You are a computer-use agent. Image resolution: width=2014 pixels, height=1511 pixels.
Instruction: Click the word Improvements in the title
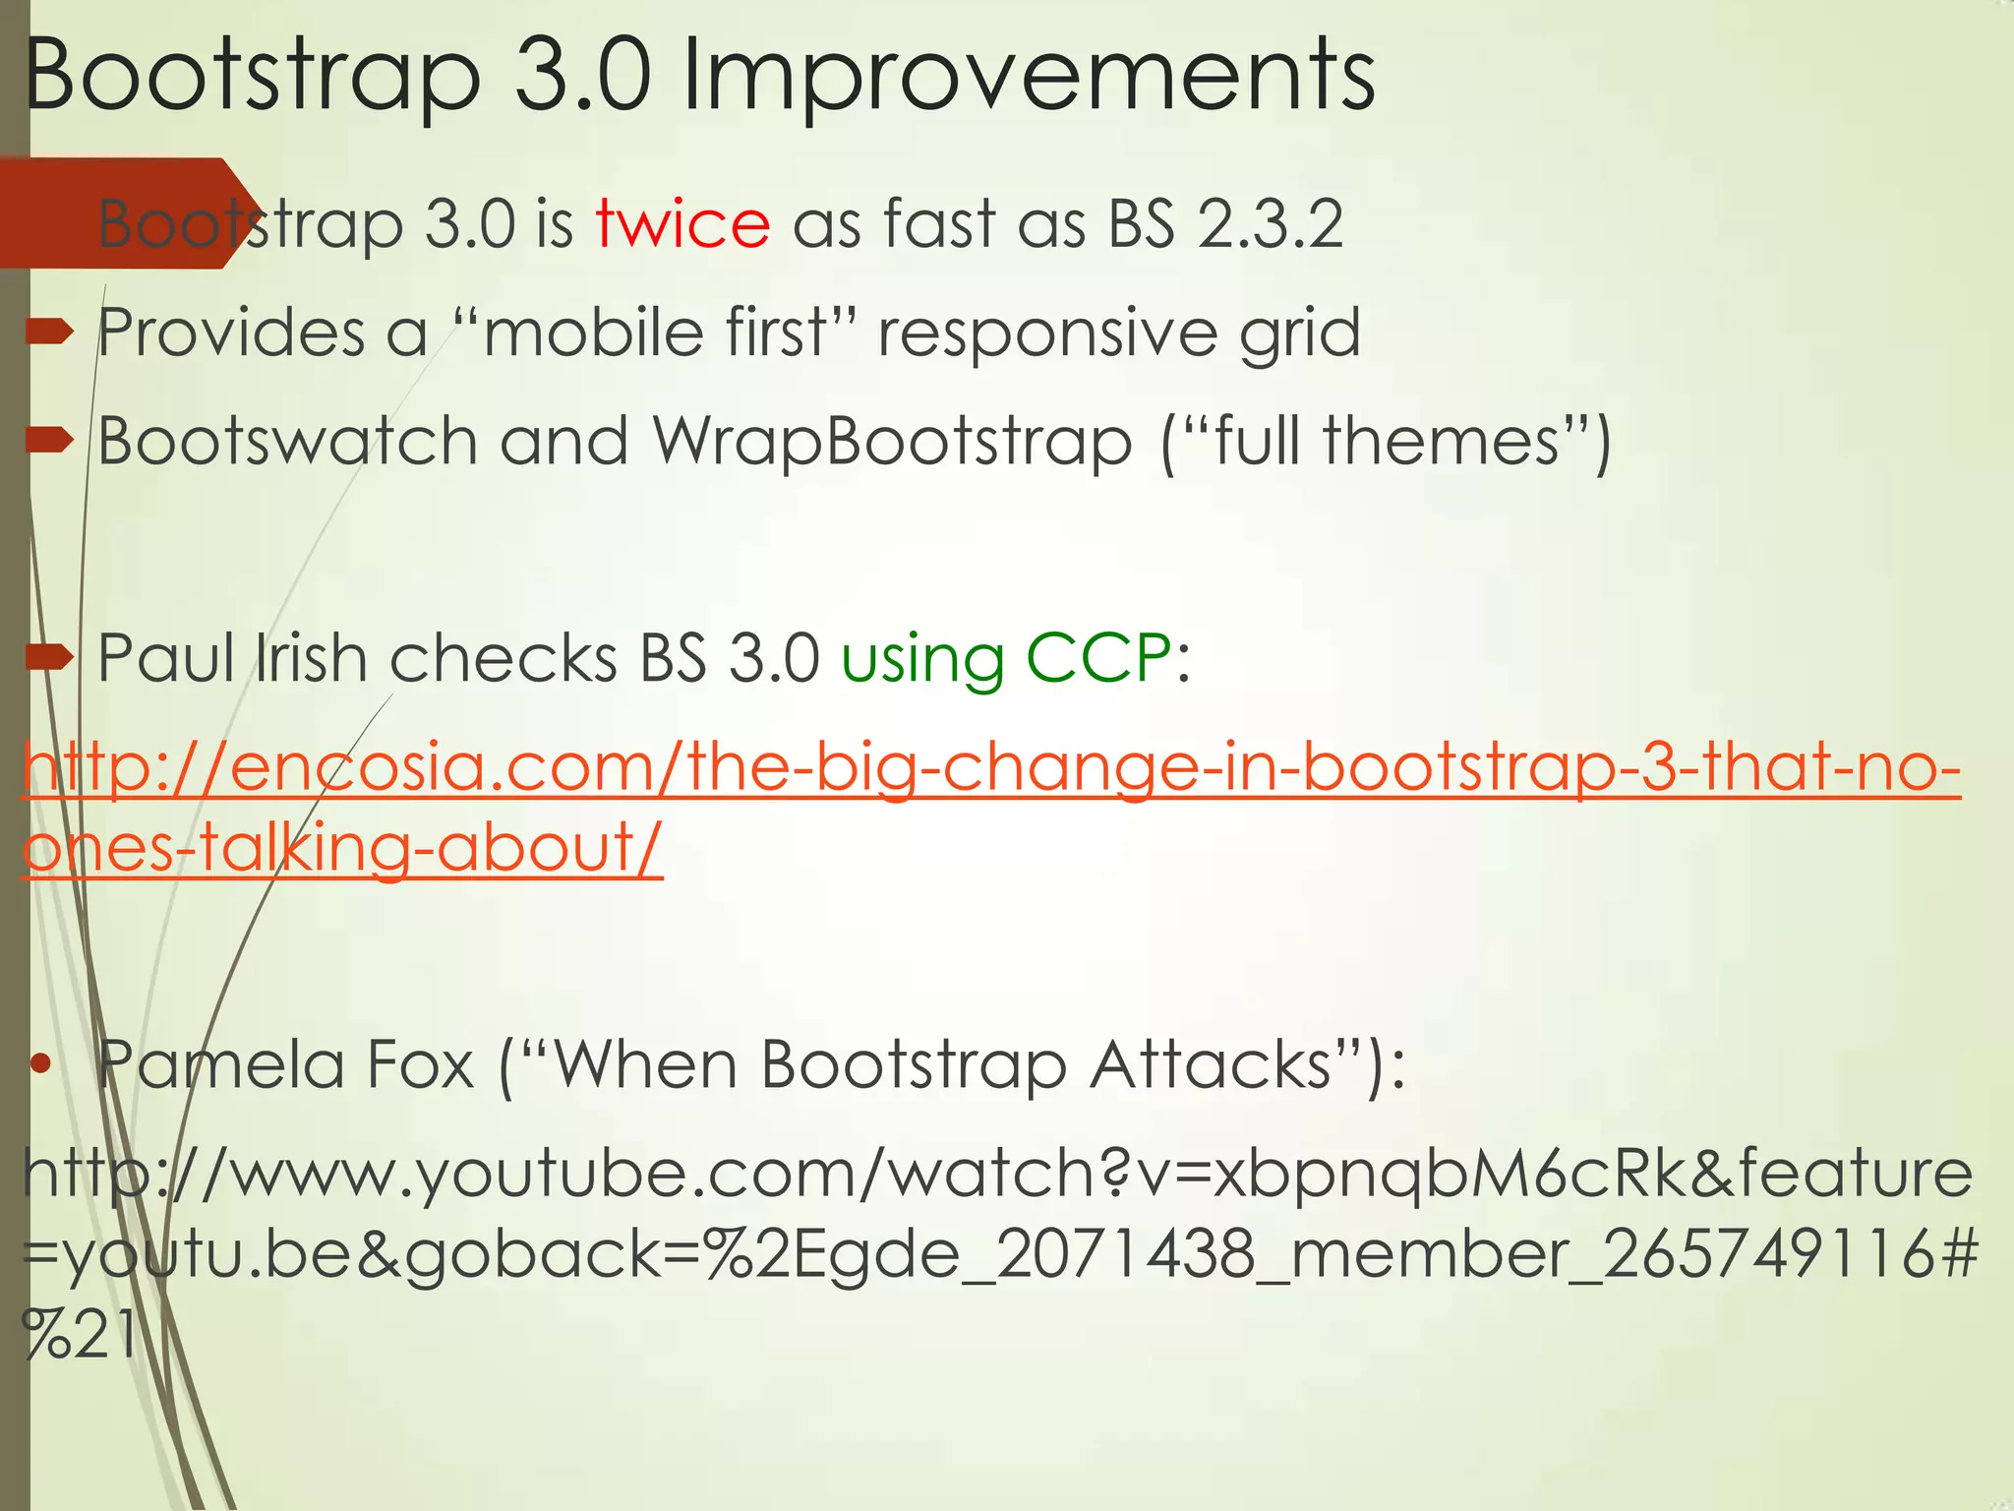[x=1028, y=77]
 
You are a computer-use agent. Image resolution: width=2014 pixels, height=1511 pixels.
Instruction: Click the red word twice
[x=682, y=224]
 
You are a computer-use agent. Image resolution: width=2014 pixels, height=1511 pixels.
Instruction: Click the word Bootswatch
[x=287, y=441]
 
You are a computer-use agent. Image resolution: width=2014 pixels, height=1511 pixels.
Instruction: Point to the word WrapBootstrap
[x=892, y=441]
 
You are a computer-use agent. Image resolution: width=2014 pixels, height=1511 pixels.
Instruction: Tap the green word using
[x=922, y=659]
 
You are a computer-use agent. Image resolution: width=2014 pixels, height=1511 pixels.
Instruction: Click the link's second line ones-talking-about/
[x=342, y=847]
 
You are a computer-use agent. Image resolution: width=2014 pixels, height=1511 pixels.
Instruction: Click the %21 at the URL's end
[x=79, y=1336]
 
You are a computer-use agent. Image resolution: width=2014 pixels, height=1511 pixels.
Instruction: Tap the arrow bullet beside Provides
[x=50, y=332]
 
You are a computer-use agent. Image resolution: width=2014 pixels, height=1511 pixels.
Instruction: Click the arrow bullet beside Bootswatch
[x=50, y=440]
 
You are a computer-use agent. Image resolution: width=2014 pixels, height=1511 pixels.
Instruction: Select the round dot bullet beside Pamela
[x=40, y=1063]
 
